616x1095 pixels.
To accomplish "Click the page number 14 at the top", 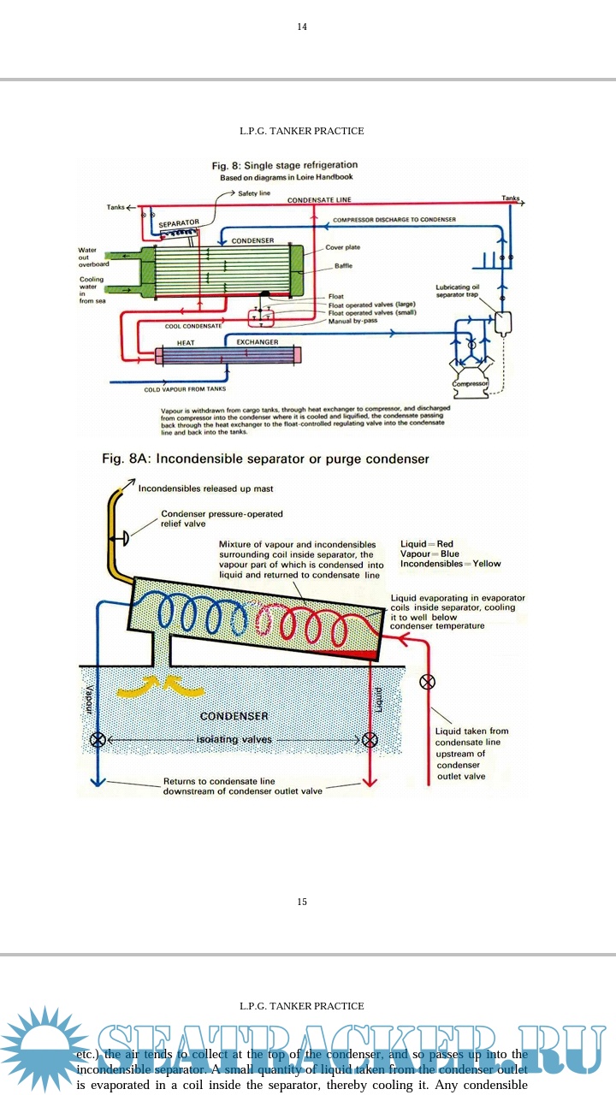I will click(x=302, y=27).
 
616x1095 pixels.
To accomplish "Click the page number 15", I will click(x=302, y=902).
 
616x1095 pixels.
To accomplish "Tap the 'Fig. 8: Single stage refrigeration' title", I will click(x=285, y=165).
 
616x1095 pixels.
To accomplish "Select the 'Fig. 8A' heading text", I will click(x=265, y=459).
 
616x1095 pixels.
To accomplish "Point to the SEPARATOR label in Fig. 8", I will click(x=179, y=222).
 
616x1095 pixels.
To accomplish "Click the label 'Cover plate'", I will click(x=342, y=247).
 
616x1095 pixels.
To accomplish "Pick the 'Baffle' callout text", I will click(x=343, y=266).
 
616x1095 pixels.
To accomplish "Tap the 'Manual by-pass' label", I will click(x=353, y=322).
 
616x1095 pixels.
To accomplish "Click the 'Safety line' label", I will click(x=254, y=194).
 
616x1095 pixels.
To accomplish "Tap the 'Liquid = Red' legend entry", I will click(x=427, y=544).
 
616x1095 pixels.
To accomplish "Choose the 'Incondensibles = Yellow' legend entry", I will click(x=451, y=564).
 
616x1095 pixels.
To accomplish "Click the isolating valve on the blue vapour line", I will click(x=98, y=740).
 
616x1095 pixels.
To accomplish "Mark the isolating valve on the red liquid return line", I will click(x=370, y=740).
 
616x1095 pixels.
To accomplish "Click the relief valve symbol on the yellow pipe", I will click(x=123, y=537).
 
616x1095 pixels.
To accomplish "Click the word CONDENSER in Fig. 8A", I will click(x=234, y=716).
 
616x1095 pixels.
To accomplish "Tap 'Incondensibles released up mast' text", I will click(x=206, y=488).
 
